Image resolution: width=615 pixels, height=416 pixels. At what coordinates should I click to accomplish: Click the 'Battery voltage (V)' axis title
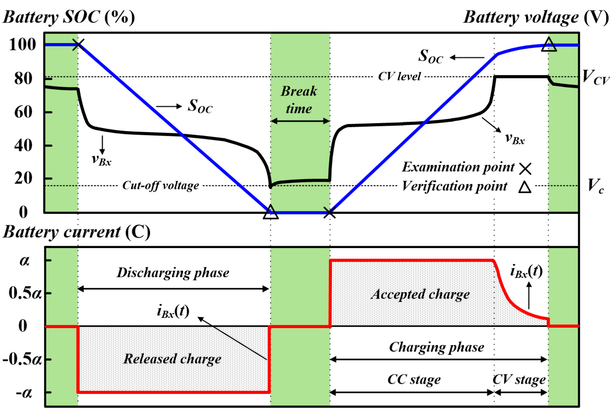pyautogui.click(x=536, y=17)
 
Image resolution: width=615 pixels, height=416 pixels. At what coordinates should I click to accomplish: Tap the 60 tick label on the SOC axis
pyautogui.click(x=23, y=112)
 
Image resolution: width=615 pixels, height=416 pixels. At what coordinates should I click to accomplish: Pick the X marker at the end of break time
pyautogui.click(x=329, y=213)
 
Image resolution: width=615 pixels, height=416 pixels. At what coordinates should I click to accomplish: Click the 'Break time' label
pyautogui.click(x=299, y=100)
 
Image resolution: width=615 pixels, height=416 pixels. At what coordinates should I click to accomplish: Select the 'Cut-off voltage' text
pyautogui.click(x=161, y=185)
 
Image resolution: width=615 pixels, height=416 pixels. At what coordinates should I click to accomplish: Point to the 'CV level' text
pyautogui.click(x=399, y=77)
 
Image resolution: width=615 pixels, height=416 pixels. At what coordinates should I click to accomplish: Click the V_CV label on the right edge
pyautogui.click(x=595, y=78)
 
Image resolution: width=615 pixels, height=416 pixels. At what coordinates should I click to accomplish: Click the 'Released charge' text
pyautogui.click(x=172, y=359)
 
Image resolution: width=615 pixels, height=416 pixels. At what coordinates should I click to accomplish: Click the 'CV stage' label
pyautogui.click(x=519, y=379)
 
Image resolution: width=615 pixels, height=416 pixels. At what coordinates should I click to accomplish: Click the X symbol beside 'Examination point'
pyautogui.click(x=525, y=168)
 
